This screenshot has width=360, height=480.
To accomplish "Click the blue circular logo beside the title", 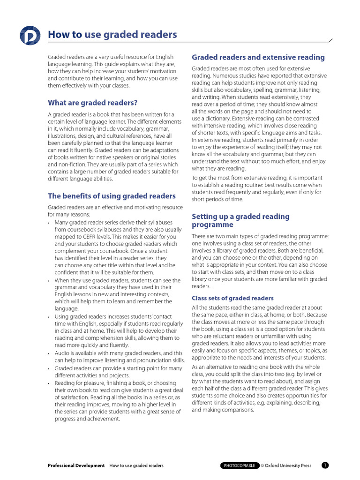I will [30, 36].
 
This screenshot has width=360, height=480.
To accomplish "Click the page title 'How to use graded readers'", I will [112, 35].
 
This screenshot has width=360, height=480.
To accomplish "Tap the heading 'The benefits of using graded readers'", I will [112, 196].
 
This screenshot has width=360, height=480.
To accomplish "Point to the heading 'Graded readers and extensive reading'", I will [258, 57].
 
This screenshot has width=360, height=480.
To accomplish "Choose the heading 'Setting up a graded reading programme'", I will [240, 220].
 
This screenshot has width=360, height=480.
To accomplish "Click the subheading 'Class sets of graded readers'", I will [232, 298].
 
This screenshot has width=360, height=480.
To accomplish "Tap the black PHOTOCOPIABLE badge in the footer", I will [240, 465].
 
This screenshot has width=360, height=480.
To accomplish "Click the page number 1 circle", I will [325, 465].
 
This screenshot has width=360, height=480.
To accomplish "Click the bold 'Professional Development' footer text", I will [76, 465].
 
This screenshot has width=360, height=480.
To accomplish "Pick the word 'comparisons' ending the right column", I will [237, 410].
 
